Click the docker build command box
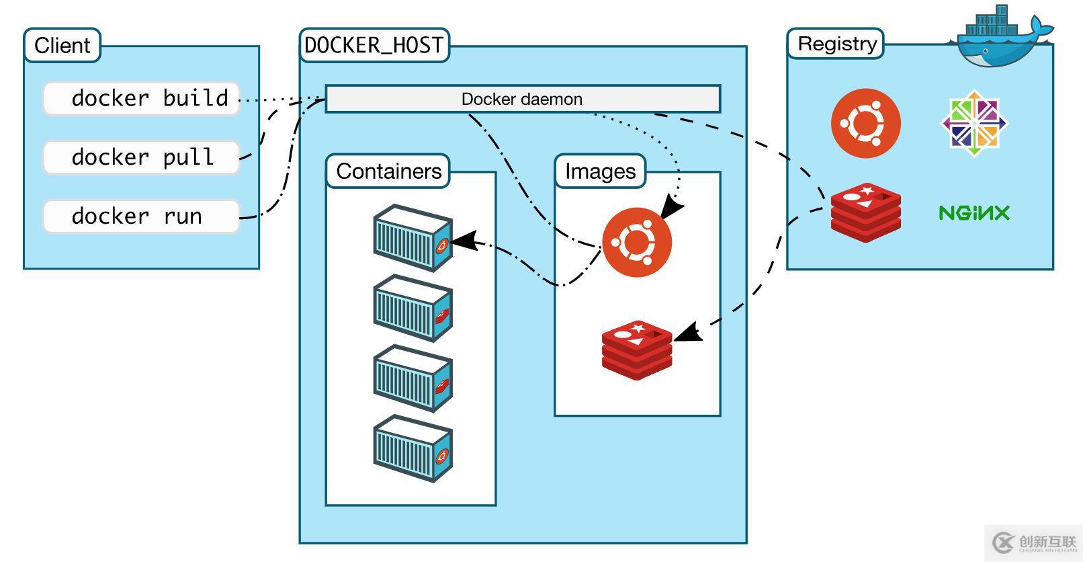click(x=141, y=99)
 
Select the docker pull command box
click(x=141, y=157)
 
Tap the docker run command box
click(x=141, y=216)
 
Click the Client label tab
click(x=62, y=46)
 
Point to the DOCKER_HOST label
click(x=374, y=46)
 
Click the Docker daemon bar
click(x=522, y=99)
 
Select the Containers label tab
click(x=388, y=171)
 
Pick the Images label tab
click(x=600, y=171)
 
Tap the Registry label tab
click(x=836, y=44)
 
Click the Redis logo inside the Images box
click(x=637, y=350)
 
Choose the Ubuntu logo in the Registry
click(x=865, y=124)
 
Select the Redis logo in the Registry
click(x=865, y=212)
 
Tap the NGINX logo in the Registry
click(x=973, y=214)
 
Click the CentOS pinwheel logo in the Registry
click(x=973, y=124)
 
